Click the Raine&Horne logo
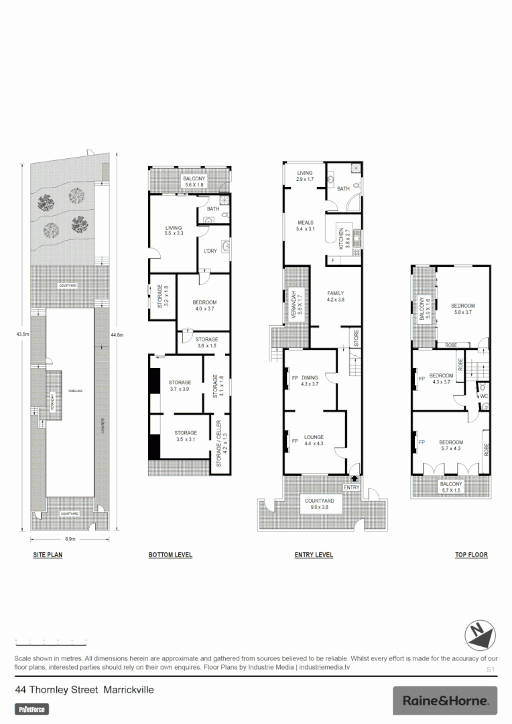[445, 701]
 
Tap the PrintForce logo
[32, 709]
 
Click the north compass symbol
[480, 633]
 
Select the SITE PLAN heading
[48, 555]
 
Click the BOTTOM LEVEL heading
[170, 555]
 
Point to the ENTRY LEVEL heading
[314, 555]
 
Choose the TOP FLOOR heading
[470, 555]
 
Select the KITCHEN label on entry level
[340, 238]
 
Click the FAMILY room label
[335, 294]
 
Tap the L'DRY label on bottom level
[209, 252]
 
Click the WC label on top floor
[484, 396]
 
